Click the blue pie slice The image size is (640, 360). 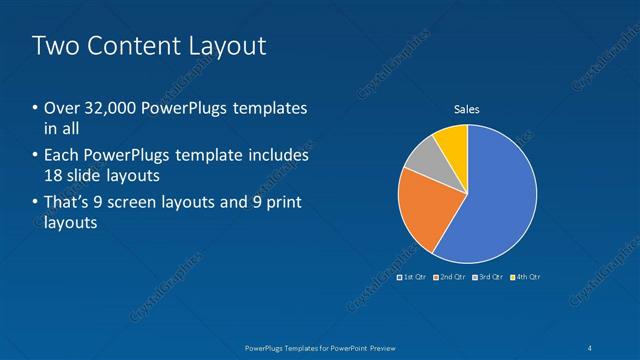[x=495, y=195]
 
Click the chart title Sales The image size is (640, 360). [x=467, y=109]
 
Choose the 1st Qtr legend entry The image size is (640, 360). [x=413, y=276]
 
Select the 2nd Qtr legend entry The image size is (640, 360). [x=450, y=276]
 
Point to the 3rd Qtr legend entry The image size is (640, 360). [x=487, y=276]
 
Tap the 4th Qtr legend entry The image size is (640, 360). [x=524, y=276]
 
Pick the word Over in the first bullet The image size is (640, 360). [x=61, y=108]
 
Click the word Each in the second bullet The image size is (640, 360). [x=62, y=155]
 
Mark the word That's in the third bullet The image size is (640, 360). [x=67, y=203]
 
